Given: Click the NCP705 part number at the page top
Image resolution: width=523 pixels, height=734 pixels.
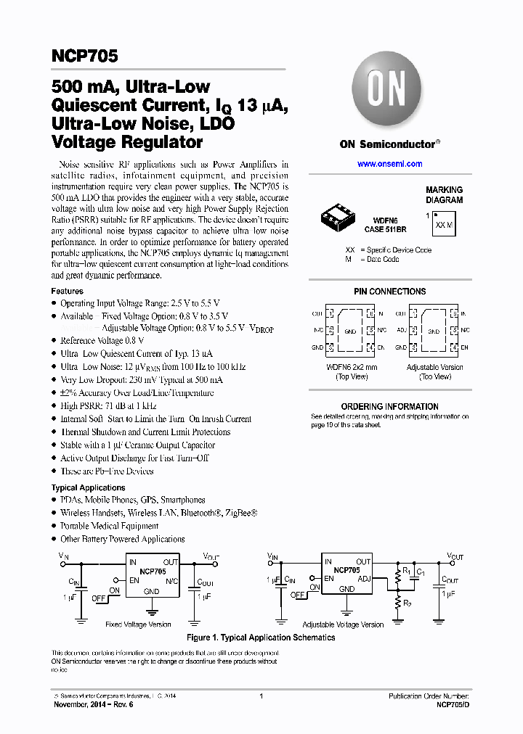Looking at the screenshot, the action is pyautogui.click(x=84, y=56).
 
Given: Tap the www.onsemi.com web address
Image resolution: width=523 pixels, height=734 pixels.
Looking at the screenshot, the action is pyautogui.click(x=389, y=164).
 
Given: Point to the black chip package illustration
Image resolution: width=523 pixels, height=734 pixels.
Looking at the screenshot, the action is pyautogui.click(x=338, y=215).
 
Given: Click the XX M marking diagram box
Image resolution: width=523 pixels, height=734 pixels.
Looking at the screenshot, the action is pyautogui.click(x=442, y=224).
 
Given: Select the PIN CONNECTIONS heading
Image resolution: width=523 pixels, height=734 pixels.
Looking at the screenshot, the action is pyautogui.click(x=389, y=292).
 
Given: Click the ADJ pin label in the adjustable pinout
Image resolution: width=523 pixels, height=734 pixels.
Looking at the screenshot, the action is pyautogui.click(x=400, y=329).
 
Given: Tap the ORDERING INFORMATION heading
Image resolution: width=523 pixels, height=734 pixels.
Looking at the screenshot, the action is pyautogui.click(x=389, y=407).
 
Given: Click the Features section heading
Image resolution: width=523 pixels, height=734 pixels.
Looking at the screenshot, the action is pyautogui.click(x=67, y=291).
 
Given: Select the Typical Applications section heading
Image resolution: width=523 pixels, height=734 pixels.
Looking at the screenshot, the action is pyautogui.click(x=88, y=488).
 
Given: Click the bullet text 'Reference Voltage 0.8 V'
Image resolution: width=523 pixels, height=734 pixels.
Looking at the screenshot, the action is pyautogui.click(x=102, y=341).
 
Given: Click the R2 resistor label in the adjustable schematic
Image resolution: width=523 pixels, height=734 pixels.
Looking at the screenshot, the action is pyautogui.click(x=408, y=603).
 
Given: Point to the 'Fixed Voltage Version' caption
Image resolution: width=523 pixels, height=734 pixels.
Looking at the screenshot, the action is pyautogui.click(x=138, y=624).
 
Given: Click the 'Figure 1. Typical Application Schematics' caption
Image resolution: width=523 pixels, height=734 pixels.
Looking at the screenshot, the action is pyautogui.click(x=261, y=638).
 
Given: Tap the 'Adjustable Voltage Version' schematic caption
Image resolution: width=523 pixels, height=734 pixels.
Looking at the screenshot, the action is pyautogui.click(x=343, y=624).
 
